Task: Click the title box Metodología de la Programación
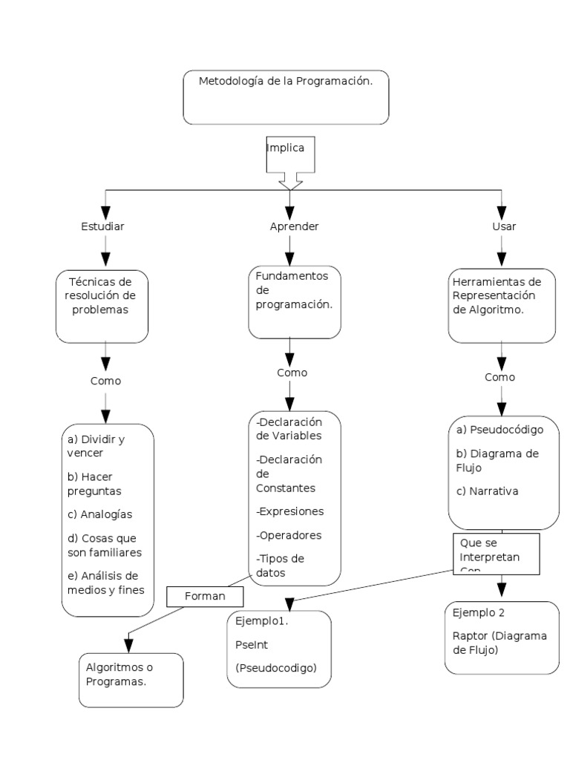pos(286,96)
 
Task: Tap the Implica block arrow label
pos(286,148)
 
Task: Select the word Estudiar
pos(102,226)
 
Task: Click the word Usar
pos(504,226)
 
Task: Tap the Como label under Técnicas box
pos(105,381)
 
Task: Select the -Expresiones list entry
pos(289,511)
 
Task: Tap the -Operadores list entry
pos(289,534)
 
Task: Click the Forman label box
pos(206,595)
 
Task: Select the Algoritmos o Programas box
pos(131,679)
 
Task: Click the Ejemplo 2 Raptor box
pos(502,637)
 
